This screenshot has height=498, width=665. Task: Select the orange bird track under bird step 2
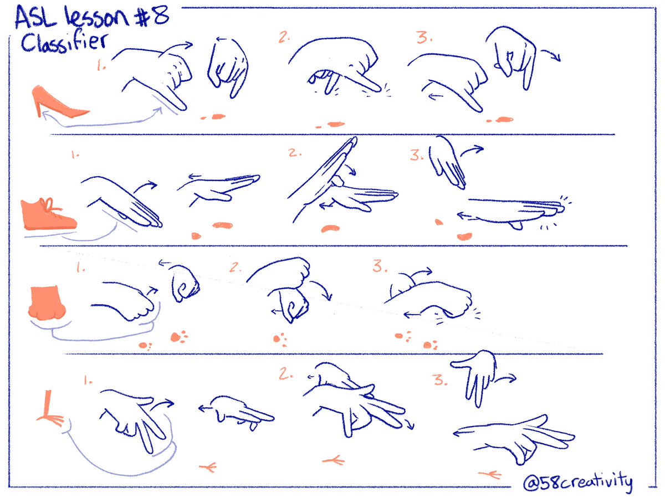click(x=332, y=459)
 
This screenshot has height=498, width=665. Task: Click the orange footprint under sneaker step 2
click(x=329, y=228)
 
